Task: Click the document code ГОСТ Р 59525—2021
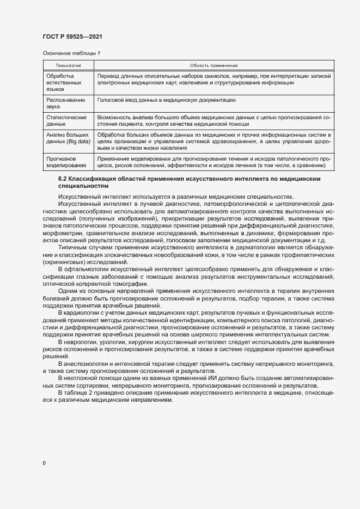[72, 36]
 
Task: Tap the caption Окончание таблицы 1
[71, 53]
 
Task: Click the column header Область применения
[214, 65]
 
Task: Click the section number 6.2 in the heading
[63, 179]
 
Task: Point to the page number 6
[44, 463]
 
